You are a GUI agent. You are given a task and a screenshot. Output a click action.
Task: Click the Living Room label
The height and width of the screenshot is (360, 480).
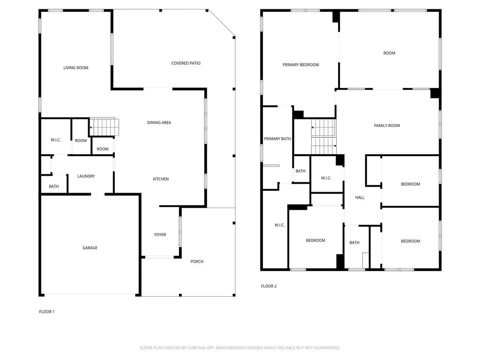click(x=75, y=67)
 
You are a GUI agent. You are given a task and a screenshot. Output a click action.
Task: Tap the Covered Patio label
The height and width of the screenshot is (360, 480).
click(x=186, y=63)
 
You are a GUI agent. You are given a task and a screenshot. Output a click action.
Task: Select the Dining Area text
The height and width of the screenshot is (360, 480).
click(x=159, y=122)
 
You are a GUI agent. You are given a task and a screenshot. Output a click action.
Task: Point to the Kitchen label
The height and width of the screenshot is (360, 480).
click(x=161, y=179)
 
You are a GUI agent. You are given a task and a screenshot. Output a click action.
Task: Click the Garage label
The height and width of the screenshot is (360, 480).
click(x=90, y=247)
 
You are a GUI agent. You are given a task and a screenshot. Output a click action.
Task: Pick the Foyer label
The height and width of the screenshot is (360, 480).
click(x=160, y=234)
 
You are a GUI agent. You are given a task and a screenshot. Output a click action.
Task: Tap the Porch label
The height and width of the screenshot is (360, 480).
click(x=197, y=262)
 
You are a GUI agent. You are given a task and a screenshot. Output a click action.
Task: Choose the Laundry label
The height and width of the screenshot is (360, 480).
click(x=86, y=176)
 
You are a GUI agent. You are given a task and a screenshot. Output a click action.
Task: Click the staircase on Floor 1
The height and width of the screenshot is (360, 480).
click(x=104, y=127)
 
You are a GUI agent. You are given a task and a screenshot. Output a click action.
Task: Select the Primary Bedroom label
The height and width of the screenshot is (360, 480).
click(x=300, y=65)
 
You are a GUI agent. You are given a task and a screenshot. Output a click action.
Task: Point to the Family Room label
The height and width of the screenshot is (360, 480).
click(x=387, y=126)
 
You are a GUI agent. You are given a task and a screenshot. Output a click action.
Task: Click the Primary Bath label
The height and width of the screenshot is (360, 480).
click(x=277, y=139)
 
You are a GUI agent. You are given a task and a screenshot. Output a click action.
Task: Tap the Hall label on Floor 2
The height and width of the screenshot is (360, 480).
click(x=360, y=197)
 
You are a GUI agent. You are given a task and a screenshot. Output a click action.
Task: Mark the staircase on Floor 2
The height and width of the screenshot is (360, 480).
click(x=324, y=136)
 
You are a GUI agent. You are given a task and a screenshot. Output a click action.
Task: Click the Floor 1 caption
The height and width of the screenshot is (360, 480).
click(x=46, y=312)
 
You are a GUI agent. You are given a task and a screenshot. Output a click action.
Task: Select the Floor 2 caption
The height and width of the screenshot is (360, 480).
click(x=269, y=286)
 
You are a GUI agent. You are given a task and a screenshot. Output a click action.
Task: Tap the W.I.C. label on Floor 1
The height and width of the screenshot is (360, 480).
click(x=56, y=140)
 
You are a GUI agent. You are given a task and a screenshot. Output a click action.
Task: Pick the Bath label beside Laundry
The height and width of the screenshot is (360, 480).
click(x=53, y=186)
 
